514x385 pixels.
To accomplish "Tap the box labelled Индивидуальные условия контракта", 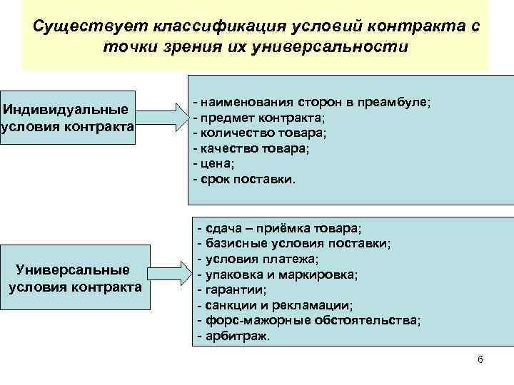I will coord(68,118).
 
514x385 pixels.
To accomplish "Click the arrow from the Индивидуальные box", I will coord(161,117).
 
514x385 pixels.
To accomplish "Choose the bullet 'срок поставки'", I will coord(246,179).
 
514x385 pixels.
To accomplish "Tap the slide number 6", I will coord(480,359).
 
